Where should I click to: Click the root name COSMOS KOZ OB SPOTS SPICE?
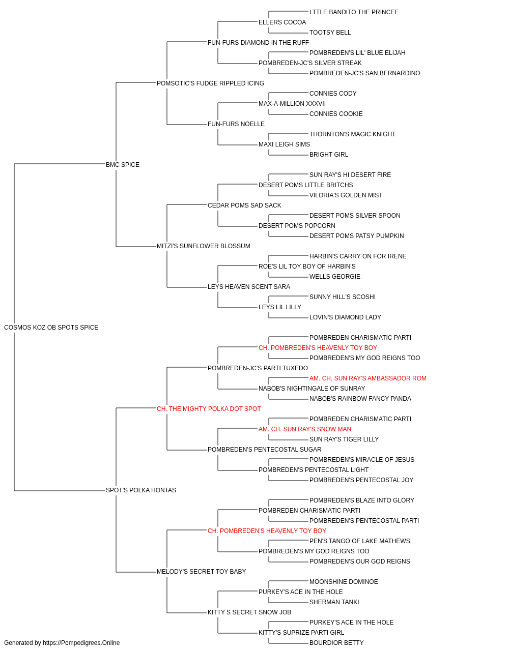click(51, 328)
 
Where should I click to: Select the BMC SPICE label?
click(123, 165)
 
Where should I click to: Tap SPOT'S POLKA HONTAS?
click(141, 490)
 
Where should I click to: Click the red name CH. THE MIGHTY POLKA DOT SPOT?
click(209, 409)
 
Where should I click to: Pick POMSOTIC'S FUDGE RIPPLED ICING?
click(210, 83)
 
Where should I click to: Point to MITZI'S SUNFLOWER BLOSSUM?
click(204, 246)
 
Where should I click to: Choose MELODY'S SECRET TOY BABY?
click(202, 572)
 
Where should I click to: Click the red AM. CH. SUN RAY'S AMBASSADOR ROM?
click(368, 378)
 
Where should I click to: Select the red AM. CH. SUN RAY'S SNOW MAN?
click(305, 429)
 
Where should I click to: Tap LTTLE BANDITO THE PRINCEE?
click(354, 12)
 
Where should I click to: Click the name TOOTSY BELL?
click(330, 33)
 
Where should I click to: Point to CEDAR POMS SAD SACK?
click(245, 205)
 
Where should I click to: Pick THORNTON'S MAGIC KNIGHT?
click(353, 134)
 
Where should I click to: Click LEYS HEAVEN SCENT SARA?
click(249, 287)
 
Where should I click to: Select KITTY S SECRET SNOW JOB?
click(249, 612)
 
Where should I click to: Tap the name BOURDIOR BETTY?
click(336, 643)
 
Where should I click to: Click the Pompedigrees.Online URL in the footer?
click(81, 643)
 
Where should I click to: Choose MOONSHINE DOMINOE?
click(344, 582)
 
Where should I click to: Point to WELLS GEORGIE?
click(335, 277)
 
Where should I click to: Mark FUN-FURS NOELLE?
click(236, 124)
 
